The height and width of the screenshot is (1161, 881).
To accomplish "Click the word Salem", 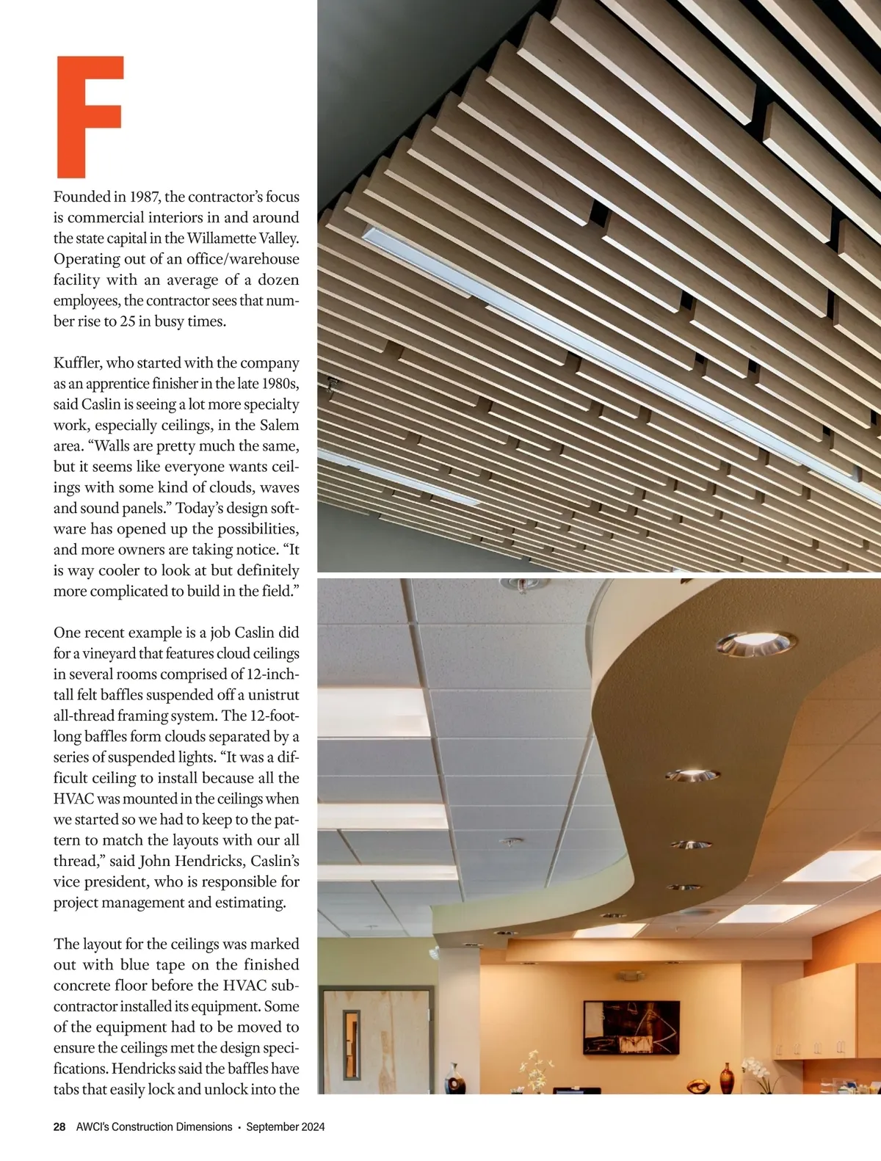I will pos(279,425).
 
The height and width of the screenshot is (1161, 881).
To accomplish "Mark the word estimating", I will pos(248,903).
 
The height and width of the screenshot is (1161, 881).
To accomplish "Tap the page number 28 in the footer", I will pos(59,1127).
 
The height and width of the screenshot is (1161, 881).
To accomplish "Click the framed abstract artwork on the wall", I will pos(631,1027).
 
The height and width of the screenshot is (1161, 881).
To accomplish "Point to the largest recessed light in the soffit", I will pos(755,642).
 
